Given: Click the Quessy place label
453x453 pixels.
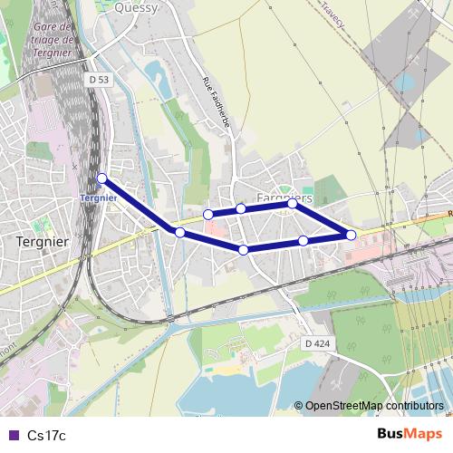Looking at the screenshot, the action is (x=138, y=8).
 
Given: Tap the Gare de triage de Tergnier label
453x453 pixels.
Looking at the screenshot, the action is (x=51, y=40).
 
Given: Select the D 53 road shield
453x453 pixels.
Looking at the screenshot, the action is (x=99, y=80).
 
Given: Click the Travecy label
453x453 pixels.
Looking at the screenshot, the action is (x=332, y=14).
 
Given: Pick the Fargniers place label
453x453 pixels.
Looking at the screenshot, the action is (x=284, y=197).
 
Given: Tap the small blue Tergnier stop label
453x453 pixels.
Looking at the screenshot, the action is (x=98, y=198).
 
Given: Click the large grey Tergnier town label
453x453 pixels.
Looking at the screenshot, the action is (x=43, y=242).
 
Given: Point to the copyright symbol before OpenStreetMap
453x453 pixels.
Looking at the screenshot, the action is (x=298, y=406).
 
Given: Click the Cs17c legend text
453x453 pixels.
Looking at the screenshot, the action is (x=47, y=436).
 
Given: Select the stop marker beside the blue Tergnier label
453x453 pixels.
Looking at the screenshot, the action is (x=102, y=178).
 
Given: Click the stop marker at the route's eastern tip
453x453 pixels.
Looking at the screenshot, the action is (x=351, y=236).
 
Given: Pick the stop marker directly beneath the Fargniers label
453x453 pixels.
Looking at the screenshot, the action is (x=293, y=204).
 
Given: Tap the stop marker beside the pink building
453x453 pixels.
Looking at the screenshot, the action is (x=208, y=215).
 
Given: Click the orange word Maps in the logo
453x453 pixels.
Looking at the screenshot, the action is (x=423, y=434).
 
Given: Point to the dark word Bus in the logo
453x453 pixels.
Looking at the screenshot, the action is (x=390, y=434).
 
